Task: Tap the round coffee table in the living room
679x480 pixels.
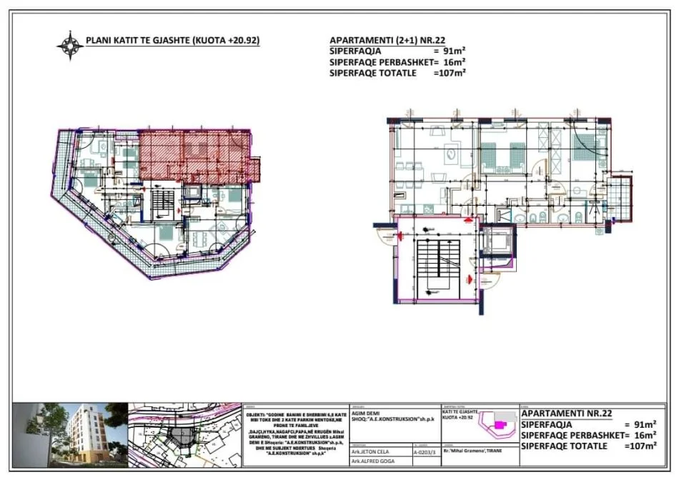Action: point(452,152)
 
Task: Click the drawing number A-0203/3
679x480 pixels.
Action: point(427,451)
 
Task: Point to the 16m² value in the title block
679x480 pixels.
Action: point(646,434)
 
